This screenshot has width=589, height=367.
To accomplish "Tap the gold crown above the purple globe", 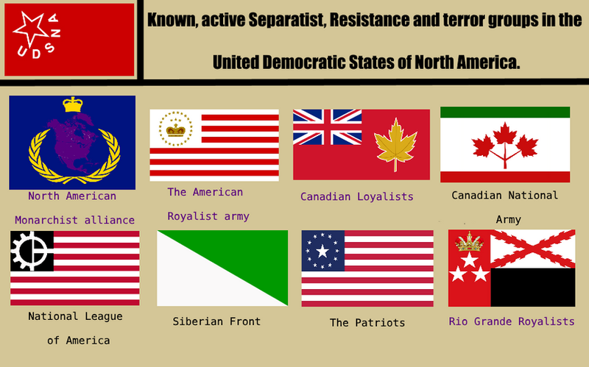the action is tap(72, 104).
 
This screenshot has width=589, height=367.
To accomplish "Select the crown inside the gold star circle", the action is tap(176, 130).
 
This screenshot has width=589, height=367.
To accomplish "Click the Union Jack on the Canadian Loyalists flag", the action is tap(327, 127).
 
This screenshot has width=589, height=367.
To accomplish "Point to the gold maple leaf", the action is tap(395, 144).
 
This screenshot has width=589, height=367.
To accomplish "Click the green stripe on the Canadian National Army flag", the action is tap(505, 112).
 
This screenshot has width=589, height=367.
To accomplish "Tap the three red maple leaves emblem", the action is tap(505, 145).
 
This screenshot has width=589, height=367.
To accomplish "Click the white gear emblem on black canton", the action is tap(29, 251).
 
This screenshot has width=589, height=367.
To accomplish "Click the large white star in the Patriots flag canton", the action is tap(322, 251).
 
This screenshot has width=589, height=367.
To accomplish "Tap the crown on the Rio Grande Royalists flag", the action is tap(469, 242).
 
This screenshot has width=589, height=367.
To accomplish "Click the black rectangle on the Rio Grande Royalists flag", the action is tap(532, 287).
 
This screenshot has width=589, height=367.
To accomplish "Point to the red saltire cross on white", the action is tap(532, 249).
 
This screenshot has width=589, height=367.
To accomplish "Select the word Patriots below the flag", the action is tap(380, 323).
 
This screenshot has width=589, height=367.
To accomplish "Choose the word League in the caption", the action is tap(103, 317).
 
